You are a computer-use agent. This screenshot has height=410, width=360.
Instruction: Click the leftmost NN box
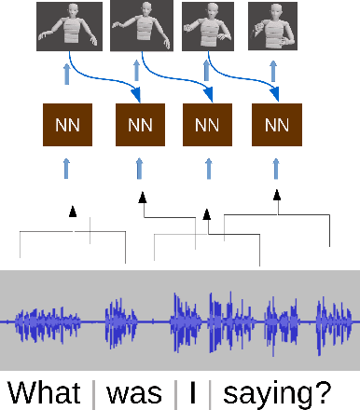click(x=66, y=124)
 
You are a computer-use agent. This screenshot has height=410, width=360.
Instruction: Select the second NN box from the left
click(x=139, y=124)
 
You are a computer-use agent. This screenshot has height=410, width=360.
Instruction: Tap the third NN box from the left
click(x=206, y=124)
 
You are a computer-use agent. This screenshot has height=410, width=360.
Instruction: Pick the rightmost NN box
click(x=275, y=124)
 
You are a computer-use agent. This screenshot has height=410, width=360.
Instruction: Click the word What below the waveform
click(x=47, y=390)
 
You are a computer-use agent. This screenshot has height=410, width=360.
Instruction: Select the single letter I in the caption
click(x=193, y=390)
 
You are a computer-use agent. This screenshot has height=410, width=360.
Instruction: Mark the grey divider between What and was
click(x=93, y=391)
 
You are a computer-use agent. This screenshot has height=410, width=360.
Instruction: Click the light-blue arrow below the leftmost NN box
click(x=66, y=168)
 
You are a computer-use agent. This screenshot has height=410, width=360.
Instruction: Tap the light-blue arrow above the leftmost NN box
click(x=66, y=74)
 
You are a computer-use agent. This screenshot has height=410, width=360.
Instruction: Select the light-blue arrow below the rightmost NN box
click(x=275, y=168)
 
